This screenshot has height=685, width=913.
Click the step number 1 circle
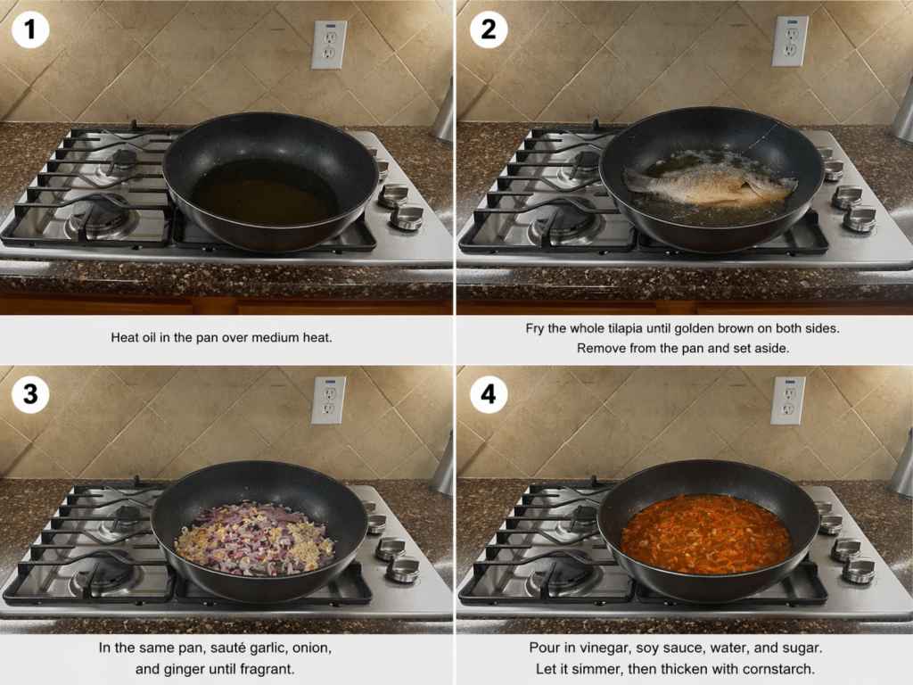(30, 29)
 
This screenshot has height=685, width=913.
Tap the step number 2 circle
(488, 29)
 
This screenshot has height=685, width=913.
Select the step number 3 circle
(30, 393)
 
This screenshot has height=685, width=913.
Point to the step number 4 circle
(488, 393)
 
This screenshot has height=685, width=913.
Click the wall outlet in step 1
(329, 45)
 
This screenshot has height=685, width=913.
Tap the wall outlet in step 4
(788, 400)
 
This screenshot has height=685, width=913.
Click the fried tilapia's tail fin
(637, 180)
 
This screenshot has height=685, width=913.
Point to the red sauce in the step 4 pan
(706, 533)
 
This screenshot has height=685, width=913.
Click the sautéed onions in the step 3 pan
(255, 539)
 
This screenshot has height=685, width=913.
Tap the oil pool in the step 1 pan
(265, 193)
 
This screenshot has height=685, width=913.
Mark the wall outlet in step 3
(329, 400)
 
